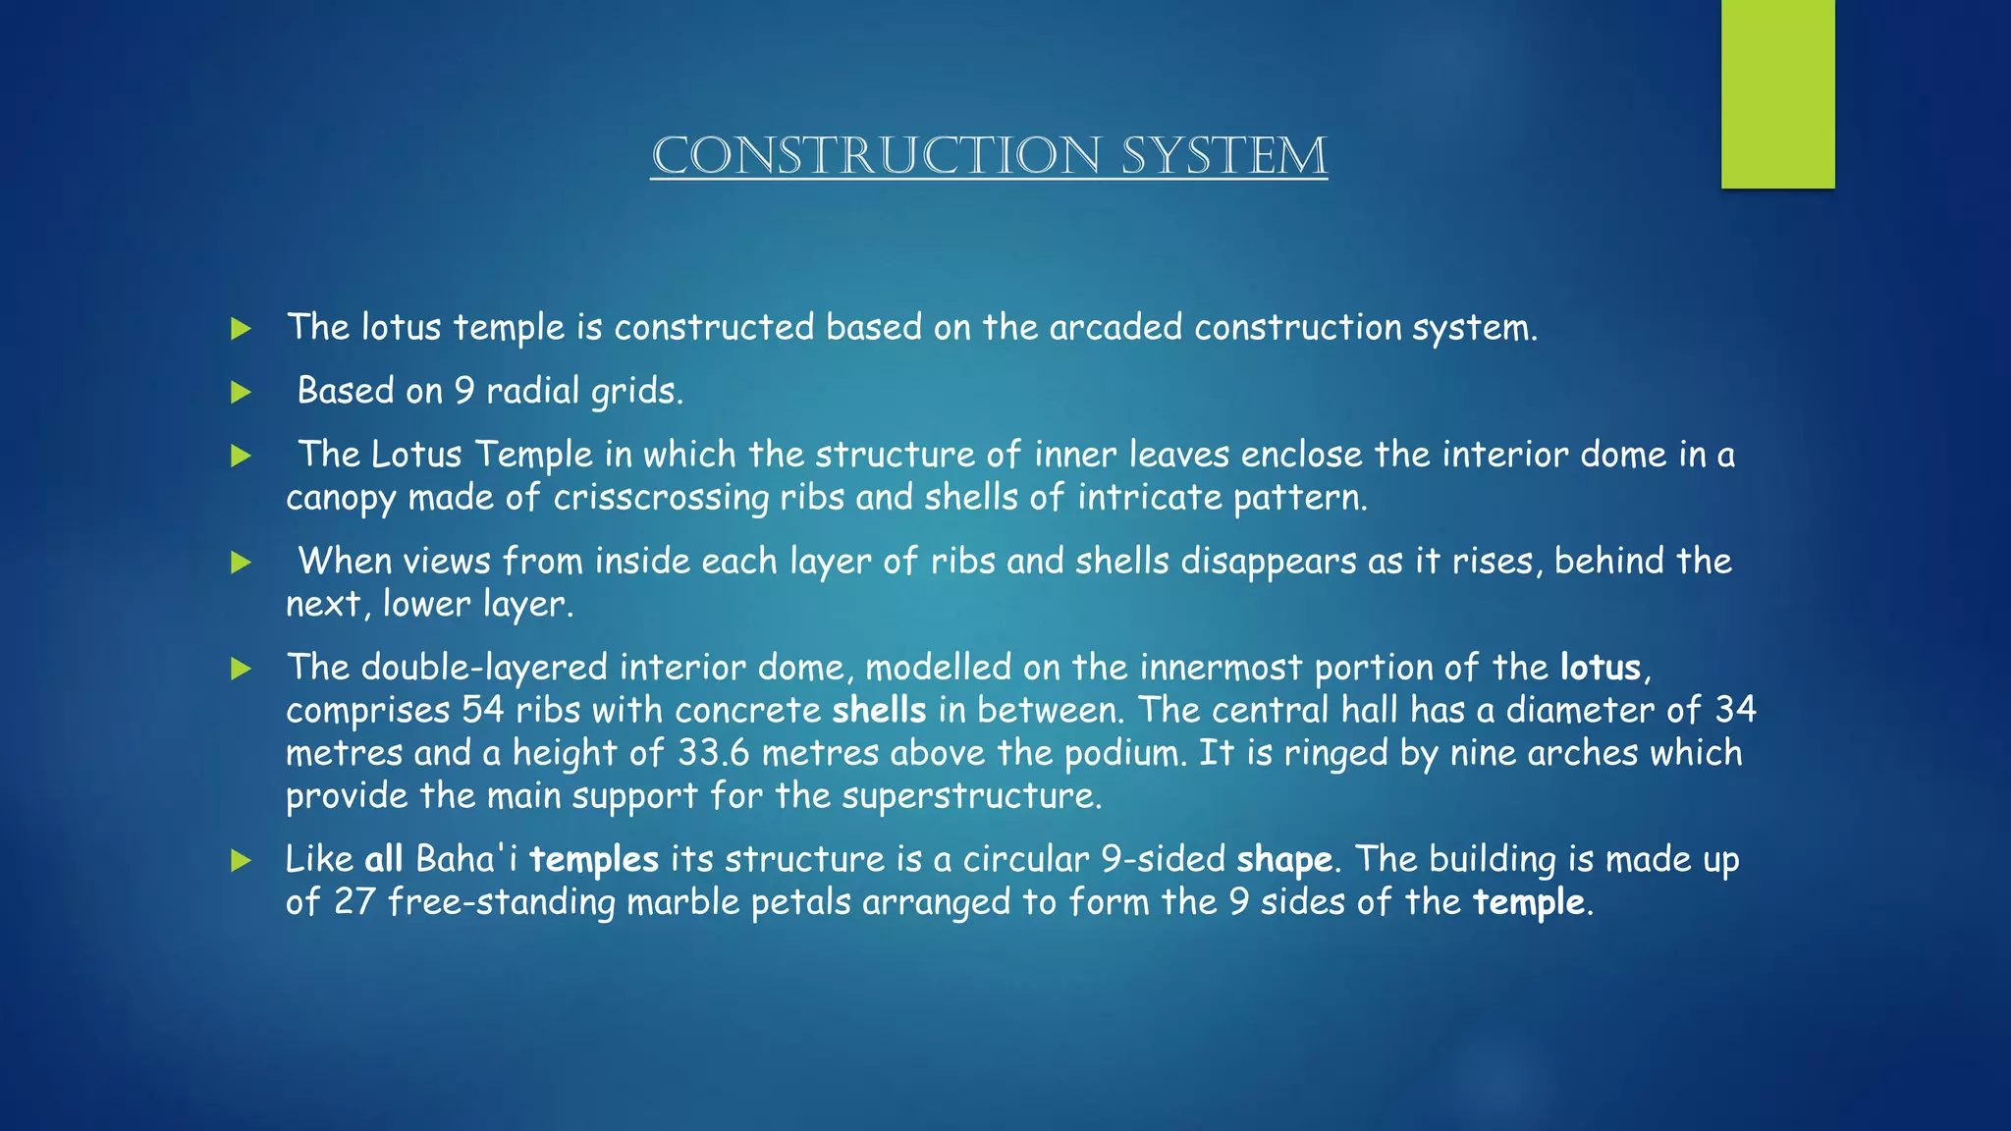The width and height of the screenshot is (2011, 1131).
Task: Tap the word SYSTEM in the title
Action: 1224,156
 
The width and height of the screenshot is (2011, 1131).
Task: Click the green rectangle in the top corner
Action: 1777,94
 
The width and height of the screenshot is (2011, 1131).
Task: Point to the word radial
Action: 532,391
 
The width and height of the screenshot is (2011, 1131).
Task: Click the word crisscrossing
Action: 661,498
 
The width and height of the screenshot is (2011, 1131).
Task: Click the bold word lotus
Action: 1601,668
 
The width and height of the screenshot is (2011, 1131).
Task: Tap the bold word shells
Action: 879,710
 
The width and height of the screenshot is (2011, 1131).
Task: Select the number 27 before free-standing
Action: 354,902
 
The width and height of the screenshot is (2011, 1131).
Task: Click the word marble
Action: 682,902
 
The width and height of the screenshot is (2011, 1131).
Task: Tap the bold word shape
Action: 1284,860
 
